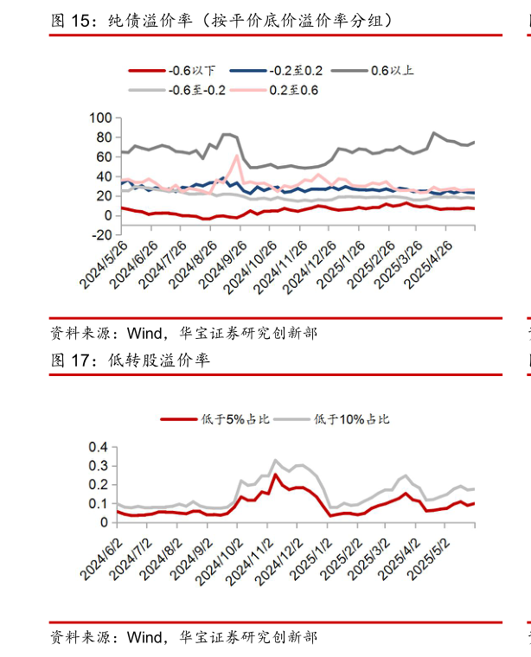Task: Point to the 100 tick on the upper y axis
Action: click(102, 118)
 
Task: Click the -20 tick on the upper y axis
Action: click(102, 235)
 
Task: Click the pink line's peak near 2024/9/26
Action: click(237, 156)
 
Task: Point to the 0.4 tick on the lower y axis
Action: click(96, 448)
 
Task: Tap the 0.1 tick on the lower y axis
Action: click(96, 504)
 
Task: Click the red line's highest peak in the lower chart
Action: click(276, 474)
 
